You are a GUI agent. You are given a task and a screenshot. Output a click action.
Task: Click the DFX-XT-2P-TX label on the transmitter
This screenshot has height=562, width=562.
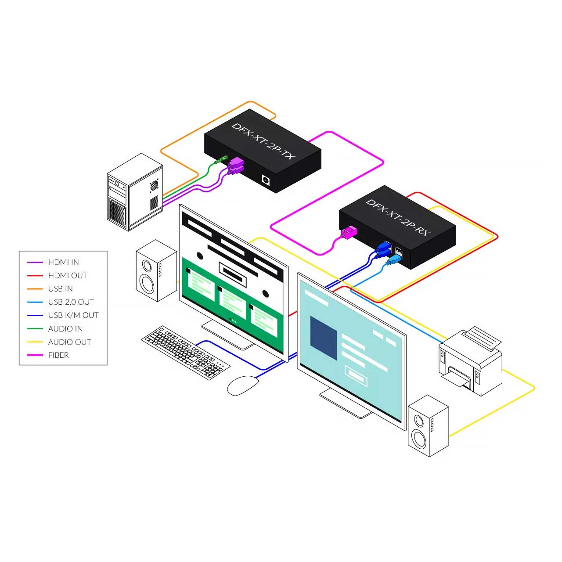[263, 141]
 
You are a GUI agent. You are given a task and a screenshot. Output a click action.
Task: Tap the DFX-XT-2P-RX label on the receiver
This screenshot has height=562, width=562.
[398, 218]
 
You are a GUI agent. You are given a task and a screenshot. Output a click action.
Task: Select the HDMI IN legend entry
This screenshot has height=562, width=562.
[63, 262]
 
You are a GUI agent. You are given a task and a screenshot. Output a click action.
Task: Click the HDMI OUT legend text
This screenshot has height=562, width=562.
[68, 275]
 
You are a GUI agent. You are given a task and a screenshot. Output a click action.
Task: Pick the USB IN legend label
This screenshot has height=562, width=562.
[60, 289]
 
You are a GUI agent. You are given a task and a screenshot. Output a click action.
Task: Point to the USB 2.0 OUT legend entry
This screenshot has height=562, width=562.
[71, 302]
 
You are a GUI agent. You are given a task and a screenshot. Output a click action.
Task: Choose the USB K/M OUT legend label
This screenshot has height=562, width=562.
[73, 315]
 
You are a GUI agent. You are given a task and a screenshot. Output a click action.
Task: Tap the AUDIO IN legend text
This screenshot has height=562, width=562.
[65, 329]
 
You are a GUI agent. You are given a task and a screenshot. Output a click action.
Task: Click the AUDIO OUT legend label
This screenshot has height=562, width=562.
[70, 342]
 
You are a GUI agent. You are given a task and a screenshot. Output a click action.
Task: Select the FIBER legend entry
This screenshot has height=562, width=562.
[58, 355]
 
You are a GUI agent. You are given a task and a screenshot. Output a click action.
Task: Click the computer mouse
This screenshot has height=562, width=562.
[243, 385]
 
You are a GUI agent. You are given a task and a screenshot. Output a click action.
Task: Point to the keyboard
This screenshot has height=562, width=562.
[185, 353]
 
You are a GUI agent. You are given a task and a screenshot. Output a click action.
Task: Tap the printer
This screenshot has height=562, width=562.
[470, 361]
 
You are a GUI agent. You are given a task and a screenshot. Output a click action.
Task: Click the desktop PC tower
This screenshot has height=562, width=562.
[135, 192]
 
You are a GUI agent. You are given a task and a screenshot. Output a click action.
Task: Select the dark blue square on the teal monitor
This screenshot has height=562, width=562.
[323, 338]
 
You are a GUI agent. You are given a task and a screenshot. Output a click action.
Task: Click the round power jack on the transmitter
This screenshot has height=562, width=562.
[266, 180]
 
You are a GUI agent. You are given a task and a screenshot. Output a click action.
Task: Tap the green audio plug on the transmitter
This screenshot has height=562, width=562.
[221, 160]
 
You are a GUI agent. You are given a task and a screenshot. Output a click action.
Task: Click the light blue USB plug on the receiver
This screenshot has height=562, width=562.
[393, 259]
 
